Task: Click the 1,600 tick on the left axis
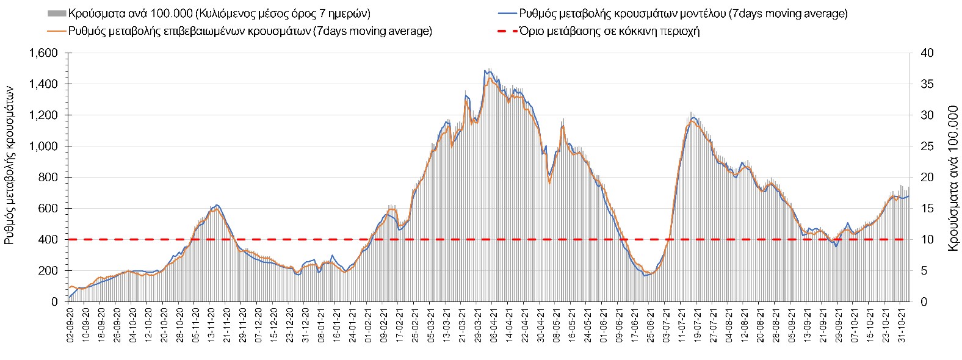pyautogui.click(x=45, y=53)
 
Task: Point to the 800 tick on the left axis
pyautogui.click(x=50, y=178)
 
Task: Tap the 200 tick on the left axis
pyautogui.click(x=50, y=270)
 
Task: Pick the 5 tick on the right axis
pyautogui.click(x=923, y=270)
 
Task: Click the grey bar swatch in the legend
pyautogui.click(x=56, y=13)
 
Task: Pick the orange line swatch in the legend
pyautogui.click(x=56, y=32)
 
